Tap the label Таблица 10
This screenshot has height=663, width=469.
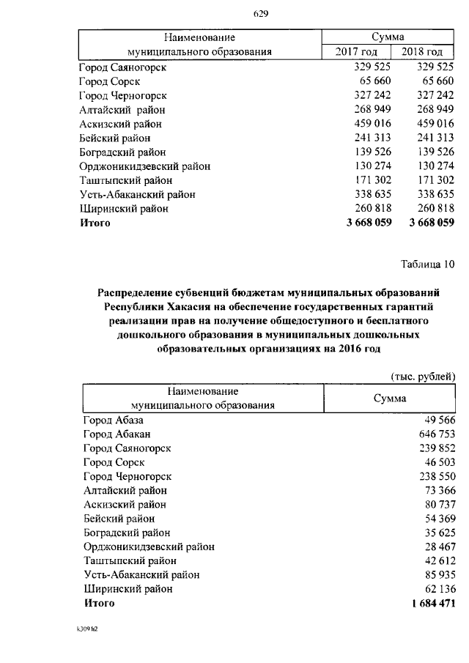427,264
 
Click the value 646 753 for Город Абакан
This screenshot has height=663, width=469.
435,434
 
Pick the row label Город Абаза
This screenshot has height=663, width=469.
113,421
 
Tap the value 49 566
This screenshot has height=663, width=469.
439,421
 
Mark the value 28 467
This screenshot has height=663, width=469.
439,547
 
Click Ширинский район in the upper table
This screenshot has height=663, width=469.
124,209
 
